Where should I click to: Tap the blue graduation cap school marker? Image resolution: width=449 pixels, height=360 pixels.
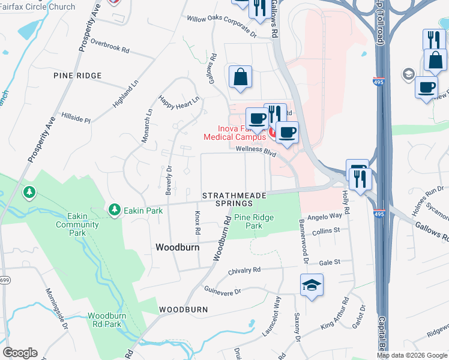[312, 284]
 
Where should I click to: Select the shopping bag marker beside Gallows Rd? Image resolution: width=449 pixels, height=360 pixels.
[240, 77]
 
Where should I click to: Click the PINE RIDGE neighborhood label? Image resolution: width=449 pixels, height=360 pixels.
[77, 76]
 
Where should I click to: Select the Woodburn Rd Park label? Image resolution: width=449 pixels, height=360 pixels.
[104, 320]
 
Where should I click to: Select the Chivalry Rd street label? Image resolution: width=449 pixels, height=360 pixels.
[244, 271]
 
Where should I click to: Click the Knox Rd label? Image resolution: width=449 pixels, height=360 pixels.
[197, 222]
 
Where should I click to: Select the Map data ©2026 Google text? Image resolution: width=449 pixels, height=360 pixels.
[412, 355]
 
